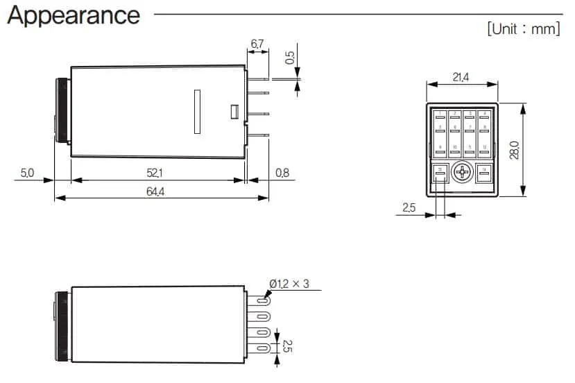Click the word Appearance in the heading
click(x=74, y=15)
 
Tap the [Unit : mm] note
click(x=524, y=29)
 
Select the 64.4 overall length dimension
click(x=155, y=191)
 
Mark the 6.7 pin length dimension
click(x=257, y=44)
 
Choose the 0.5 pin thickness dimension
click(x=291, y=56)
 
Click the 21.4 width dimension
click(x=461, y=78)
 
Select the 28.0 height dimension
click(x=514, y=150)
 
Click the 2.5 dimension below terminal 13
click(x=409, y=207)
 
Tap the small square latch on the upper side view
click(x=234, y=111)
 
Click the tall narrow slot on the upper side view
click(x=197, y=111)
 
